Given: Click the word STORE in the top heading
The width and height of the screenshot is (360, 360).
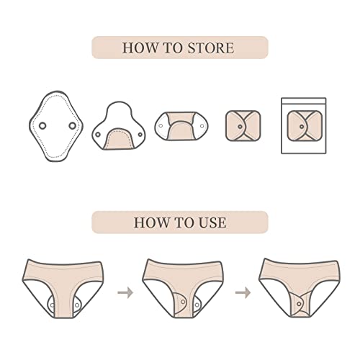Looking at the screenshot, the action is [210, 48].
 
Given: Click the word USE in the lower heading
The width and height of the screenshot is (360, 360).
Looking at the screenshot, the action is [212, 222].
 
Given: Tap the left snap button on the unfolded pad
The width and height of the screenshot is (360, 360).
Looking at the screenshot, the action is [42, 125].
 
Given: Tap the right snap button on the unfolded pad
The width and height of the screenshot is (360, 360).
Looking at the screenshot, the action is [72, 125].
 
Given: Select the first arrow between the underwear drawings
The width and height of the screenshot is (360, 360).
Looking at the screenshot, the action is [125, 292].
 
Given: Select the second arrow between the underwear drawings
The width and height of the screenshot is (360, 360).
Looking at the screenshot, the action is [243, 292].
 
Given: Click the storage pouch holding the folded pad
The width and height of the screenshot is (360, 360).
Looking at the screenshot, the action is [304, 125].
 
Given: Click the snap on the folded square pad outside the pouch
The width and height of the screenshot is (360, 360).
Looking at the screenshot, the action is [240, 127].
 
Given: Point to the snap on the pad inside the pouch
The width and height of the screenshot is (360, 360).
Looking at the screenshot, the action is [302, 127].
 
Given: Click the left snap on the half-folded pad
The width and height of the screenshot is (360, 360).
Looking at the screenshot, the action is [98, 135].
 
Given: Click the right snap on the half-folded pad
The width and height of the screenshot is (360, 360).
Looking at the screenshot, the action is [140, 135].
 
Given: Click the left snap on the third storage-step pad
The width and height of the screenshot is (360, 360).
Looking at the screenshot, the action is [161, 126].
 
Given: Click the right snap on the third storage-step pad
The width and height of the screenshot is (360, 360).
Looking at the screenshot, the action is [202, 126].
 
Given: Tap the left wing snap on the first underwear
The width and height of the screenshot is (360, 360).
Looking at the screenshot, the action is [52, 305].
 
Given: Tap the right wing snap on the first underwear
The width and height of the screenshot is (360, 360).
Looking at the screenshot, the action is [77, 305].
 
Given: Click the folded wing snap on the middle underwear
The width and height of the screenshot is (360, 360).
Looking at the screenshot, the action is [183, 302].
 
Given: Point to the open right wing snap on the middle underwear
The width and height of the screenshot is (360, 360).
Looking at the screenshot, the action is [197, 305].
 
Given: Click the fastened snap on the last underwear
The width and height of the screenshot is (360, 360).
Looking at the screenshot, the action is [299, 304].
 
